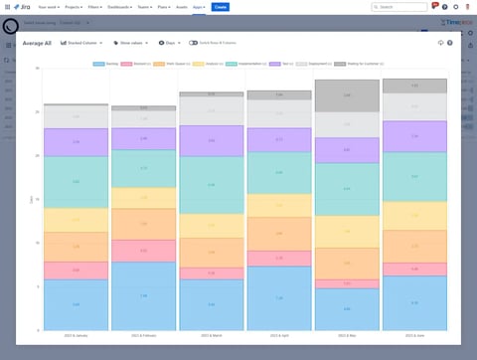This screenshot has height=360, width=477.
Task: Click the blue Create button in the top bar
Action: tap(220, 6)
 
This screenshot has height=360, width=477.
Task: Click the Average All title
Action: tap(38, 43)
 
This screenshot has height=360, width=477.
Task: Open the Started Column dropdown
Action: tap(83, 43)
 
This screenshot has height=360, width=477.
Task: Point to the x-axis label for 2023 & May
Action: tap(347, 336)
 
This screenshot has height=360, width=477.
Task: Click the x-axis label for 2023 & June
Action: tap(414, 336)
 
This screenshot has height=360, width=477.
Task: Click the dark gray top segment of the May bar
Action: tap(347, 95)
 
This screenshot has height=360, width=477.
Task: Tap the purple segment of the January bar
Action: tap(76, 142)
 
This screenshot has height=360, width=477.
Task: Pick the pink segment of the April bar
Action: tap(279, 259)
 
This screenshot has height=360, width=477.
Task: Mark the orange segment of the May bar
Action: tap(347, 264)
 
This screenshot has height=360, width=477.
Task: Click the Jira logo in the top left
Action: tap(22, 6)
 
